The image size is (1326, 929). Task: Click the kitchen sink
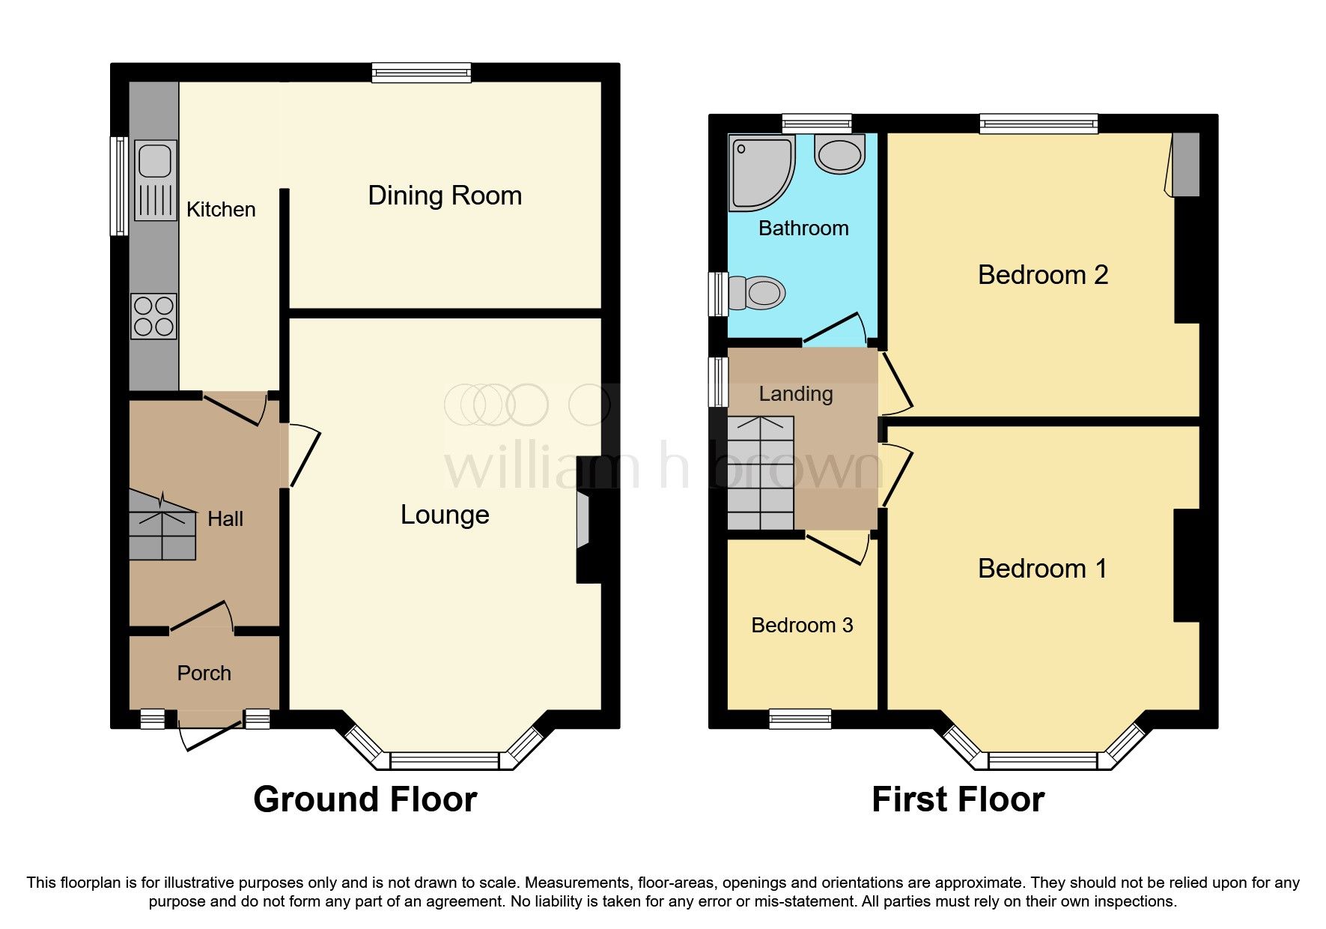(156, 180)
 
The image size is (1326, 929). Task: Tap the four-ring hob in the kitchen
(153, 316)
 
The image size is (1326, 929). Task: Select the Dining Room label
(445, 196)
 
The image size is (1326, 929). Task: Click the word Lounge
(445, 515)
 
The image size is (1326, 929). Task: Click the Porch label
(204, 673)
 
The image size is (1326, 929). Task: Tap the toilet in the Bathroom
(757, 293)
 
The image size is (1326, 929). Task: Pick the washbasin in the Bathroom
(839, 154)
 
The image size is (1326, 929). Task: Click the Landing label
(796, 393)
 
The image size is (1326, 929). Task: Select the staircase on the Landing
(761, 473)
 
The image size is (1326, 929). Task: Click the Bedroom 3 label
(802, 625)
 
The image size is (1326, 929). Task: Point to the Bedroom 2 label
(1042, 275)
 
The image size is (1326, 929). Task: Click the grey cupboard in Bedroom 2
(1185, 165)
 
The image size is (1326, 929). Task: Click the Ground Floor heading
(365, 799)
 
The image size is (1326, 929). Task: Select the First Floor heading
(958, 799)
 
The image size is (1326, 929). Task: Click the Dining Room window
(422, 72)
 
